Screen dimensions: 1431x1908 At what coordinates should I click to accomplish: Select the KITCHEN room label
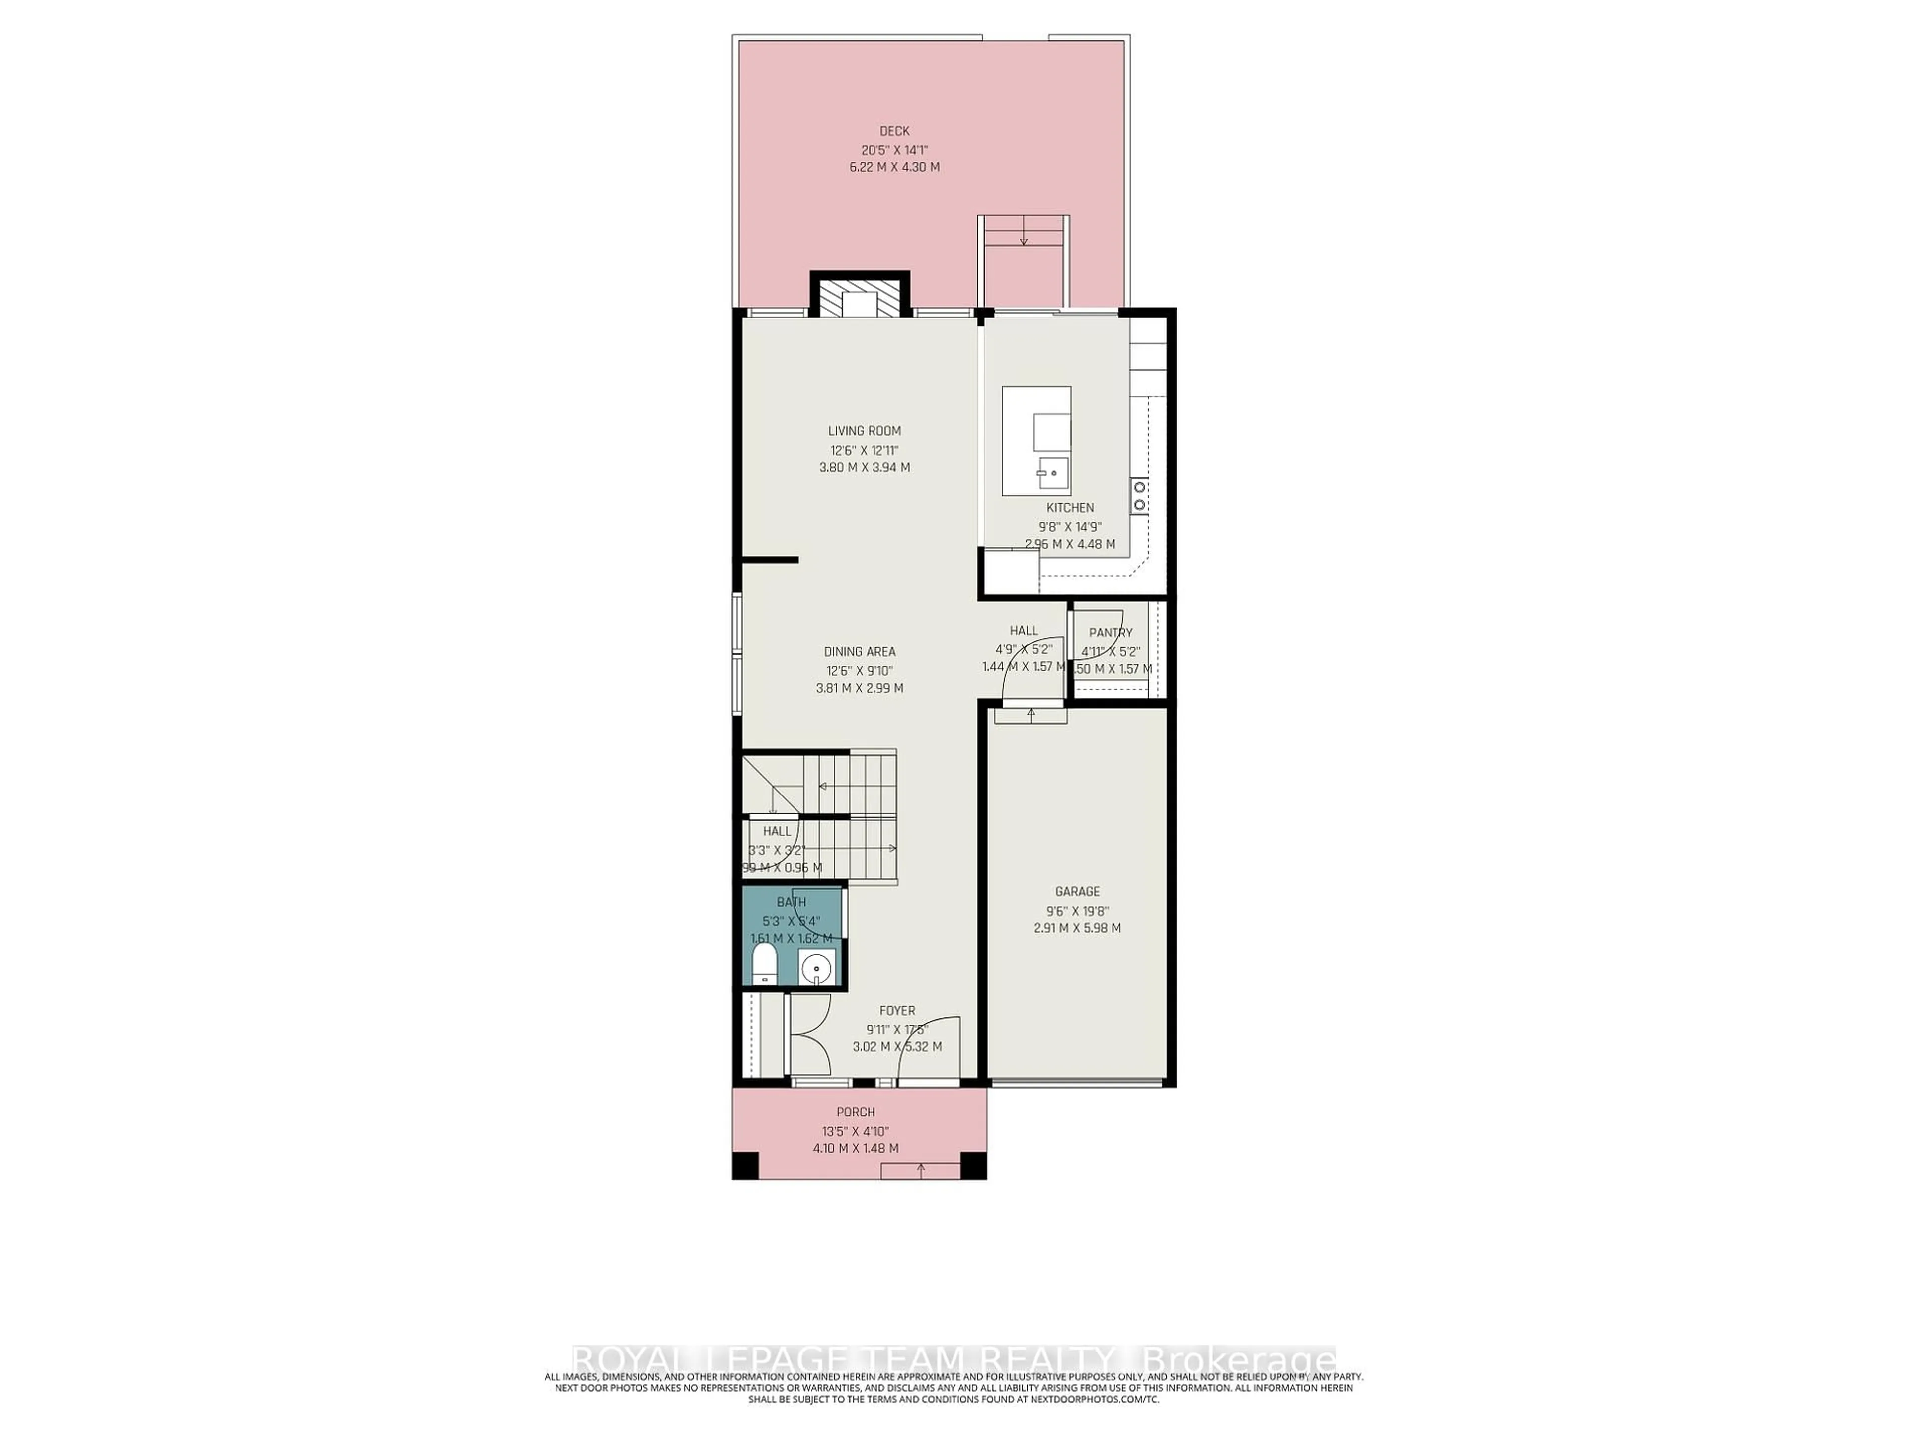[x=1070, y=508]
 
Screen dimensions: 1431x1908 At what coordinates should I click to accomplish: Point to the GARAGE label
[x=1077, y=892]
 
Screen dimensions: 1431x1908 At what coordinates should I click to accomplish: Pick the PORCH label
[x=855, y=1112]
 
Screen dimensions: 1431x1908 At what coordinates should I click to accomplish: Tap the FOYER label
[x=897, y=1010]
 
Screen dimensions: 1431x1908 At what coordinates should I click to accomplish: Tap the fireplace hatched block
[x=859, y=302]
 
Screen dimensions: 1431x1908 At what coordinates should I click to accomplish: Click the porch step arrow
[x=920, y=1169]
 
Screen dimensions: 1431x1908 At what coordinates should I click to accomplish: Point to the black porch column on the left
[x=744, y=1165]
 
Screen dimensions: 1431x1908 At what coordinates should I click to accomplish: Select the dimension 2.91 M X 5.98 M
[x=1077, y=928]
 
